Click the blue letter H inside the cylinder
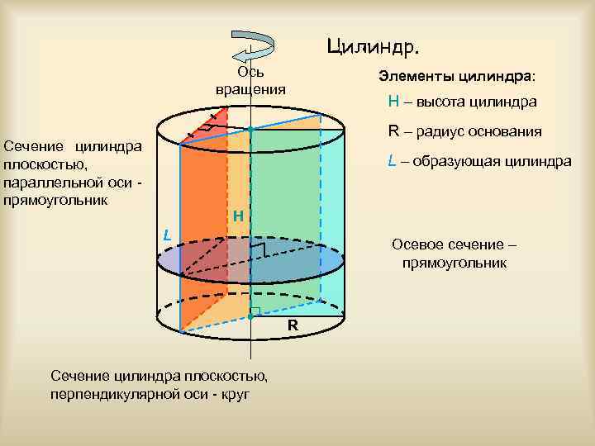click(x=237, y=216)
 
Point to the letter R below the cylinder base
click(x=293, y=325)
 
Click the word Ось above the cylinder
click(x=250, y=72)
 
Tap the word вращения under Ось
click(x=250, y=88)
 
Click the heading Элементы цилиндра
click(x=456, y=76)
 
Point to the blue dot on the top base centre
click(x=250, y=129)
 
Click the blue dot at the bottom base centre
click(x=250, y=316)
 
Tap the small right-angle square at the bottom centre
click(x=255, y=311)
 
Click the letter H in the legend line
click(x=393, y=102)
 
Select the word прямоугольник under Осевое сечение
click(x=454, y=263)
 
